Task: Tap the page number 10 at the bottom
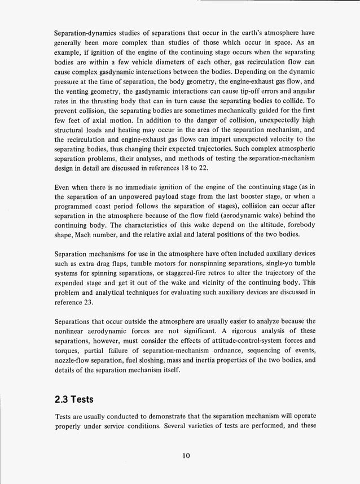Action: pyautogui.click(x=180, y=457)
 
